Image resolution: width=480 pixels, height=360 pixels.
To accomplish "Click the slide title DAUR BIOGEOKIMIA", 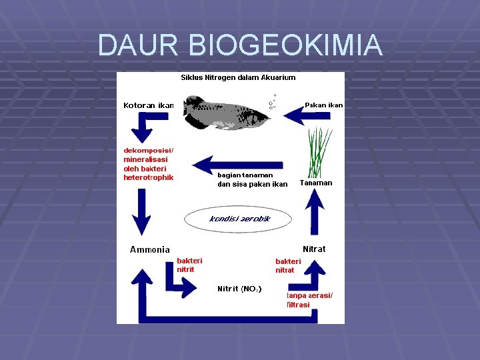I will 240,45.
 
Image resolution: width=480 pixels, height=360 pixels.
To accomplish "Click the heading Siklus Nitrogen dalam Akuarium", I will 238,77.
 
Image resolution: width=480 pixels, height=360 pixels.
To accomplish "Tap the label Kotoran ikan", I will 148,105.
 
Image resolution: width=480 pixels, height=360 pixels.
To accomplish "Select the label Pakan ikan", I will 323,105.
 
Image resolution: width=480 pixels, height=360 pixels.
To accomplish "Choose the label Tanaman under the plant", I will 316,183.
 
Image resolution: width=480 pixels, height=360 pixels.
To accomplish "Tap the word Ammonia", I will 149,250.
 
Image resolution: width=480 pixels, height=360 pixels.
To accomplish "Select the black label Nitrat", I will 314,249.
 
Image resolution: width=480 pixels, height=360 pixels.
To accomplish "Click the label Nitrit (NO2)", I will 239,289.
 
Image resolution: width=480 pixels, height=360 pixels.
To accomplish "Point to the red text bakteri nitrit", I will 189,265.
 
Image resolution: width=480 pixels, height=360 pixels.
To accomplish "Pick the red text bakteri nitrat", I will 288,265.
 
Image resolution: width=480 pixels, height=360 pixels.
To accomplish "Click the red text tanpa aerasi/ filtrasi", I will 309,300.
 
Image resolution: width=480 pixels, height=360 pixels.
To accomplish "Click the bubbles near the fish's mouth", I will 272,101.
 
